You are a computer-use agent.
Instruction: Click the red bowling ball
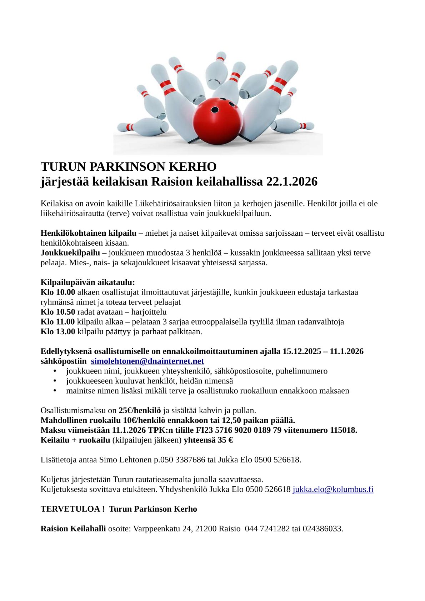click(217, 121)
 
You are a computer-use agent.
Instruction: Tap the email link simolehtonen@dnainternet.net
click(147, 361)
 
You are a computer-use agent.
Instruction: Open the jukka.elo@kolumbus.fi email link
click(333, 489)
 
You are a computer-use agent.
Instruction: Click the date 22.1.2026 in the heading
click(292, 182)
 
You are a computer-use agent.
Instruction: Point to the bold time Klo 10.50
click(58, 312)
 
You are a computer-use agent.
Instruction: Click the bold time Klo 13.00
click(58, 331)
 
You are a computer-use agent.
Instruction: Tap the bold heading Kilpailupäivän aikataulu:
click(88, 282)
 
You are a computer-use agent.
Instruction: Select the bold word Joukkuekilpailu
click(70, 253)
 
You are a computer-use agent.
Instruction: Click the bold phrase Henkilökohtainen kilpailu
click(89, 233)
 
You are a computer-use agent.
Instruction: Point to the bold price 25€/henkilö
click(140, 410)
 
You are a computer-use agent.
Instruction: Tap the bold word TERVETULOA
click(70, 509)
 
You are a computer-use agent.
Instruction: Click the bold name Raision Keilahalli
click(73, 529)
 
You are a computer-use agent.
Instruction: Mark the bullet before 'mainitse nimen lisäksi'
click(55, 390)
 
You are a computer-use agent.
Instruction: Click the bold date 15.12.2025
click(302, 351)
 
